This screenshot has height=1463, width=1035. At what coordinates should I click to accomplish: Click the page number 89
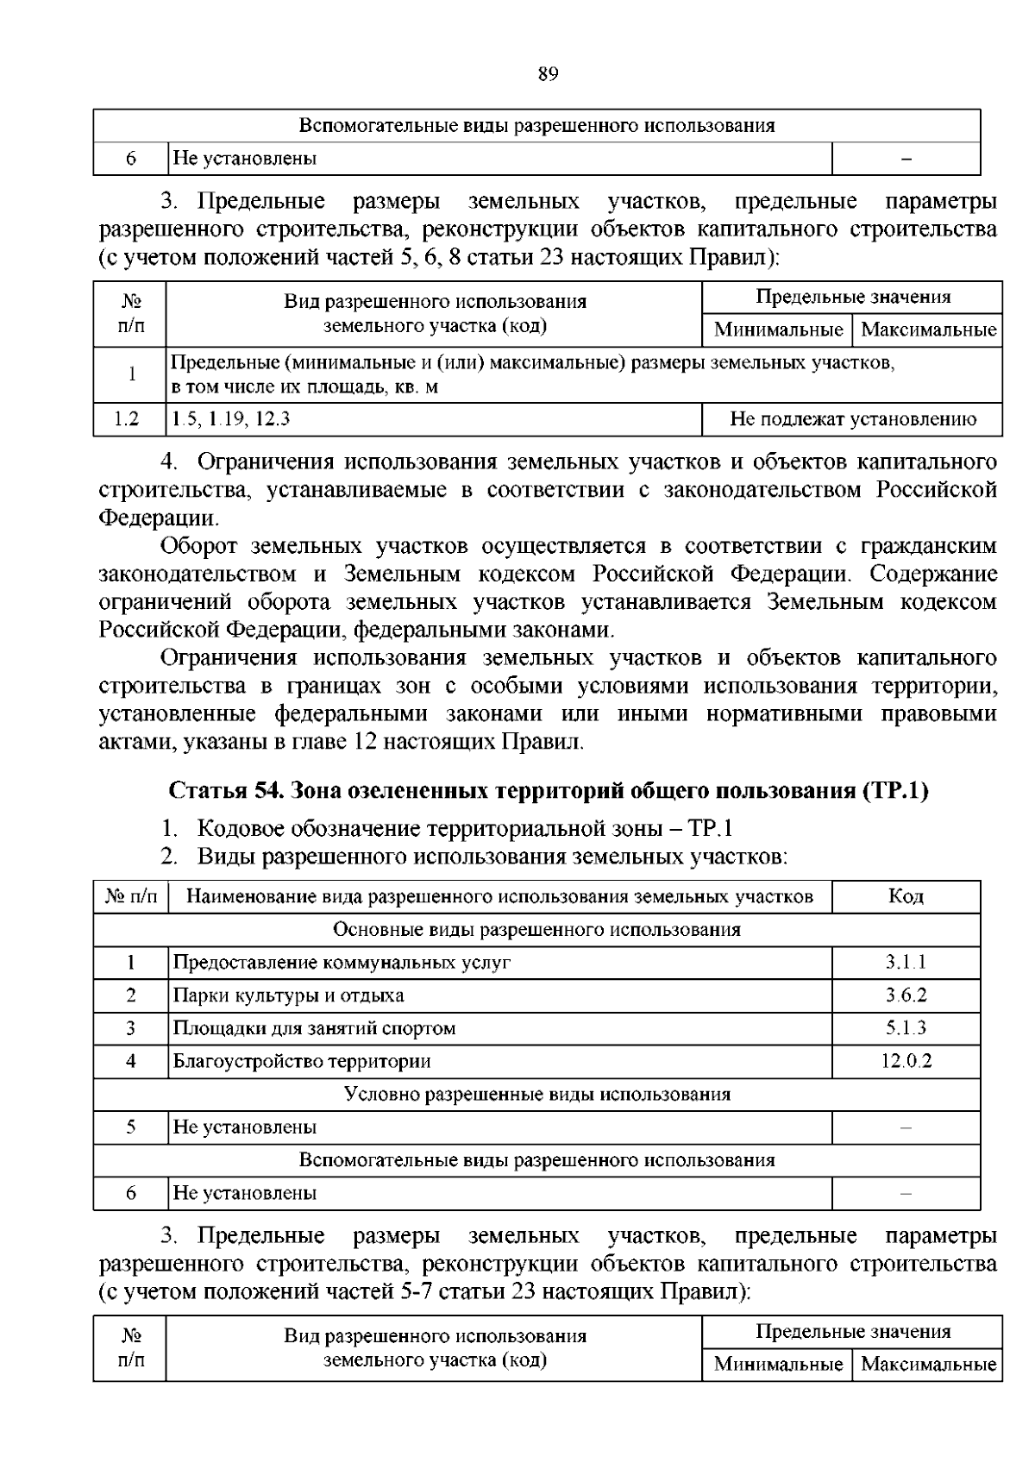[548, 74]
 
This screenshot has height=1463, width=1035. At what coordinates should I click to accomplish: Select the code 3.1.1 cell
[906, 963]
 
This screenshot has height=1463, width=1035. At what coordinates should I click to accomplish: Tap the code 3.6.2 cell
[906, 995]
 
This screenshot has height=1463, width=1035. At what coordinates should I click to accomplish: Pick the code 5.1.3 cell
[906, 1028]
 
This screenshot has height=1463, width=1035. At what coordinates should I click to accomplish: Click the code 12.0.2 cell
[906, 1061]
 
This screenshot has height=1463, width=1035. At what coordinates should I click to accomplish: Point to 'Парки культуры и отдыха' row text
[288, 995]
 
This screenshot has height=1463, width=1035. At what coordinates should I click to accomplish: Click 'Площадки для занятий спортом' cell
[314, 1028]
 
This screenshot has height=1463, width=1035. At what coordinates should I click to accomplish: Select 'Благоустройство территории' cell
[302, 1061]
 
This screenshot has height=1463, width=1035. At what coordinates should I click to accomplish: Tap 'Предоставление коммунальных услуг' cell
[342, 963]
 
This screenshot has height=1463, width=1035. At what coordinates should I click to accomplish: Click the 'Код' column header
[906, 897]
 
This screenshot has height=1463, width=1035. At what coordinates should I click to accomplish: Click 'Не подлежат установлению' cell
[852, 420]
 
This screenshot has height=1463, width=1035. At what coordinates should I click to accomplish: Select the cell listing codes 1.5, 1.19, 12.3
[231, 420]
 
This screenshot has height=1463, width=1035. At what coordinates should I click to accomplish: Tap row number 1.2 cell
[128, 420]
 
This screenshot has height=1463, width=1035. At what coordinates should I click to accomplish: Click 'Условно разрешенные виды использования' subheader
[536, 1095]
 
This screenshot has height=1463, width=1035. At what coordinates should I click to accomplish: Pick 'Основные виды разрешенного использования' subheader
[536, 930]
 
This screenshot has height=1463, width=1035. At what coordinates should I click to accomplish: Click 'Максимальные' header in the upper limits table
[928, 330]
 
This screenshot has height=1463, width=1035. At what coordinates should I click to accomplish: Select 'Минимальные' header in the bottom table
[777, 1365]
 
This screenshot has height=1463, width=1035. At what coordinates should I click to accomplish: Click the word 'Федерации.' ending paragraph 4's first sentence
[159, 518]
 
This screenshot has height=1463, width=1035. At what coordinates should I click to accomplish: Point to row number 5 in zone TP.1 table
[131, 1127]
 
